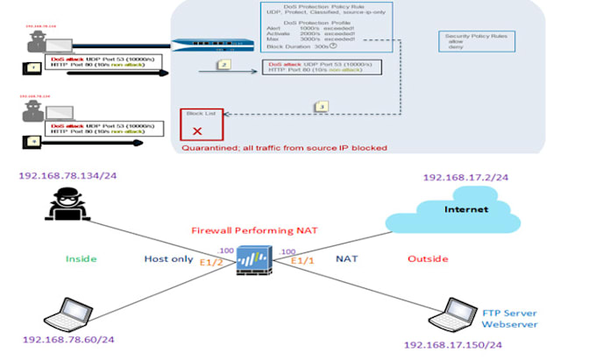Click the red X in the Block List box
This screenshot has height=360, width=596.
(197, 131)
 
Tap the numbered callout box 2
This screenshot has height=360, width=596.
(224, 65)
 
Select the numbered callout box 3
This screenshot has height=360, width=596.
(322, 106)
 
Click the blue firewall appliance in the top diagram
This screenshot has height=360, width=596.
(207, 46)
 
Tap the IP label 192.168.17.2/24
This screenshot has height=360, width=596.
(465, 178)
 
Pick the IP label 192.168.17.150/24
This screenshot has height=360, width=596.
(454, 345)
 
